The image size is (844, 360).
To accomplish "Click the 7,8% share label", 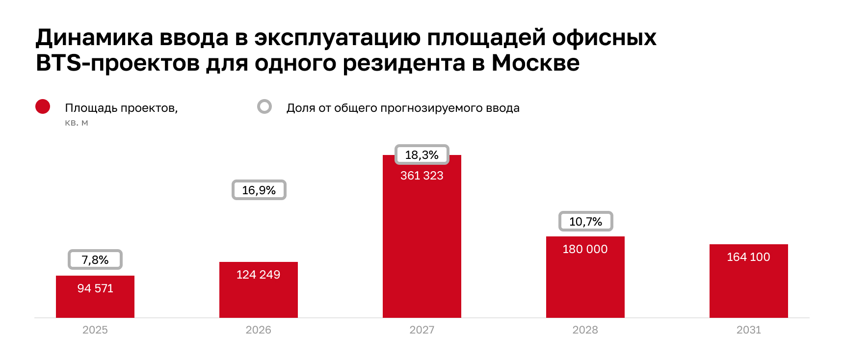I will (95, 259).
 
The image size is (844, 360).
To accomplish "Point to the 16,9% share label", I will (259, 190).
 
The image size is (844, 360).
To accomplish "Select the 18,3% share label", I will (422, 154).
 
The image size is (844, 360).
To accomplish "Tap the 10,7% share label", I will (585, 221).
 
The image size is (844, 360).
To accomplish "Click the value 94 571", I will (95, 288).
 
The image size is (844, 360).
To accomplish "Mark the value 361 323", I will (422, 176).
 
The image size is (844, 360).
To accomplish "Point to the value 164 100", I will (748, 257).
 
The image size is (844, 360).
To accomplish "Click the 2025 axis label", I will (95, 330).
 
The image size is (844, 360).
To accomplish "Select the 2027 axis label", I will (422, 330).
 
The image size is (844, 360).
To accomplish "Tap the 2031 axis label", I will (748, 330).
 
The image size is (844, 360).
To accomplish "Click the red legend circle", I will (43, 106).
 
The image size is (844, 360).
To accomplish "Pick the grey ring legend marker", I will (264, 106).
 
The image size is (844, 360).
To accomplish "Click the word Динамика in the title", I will (94, 37).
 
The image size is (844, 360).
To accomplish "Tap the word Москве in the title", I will (535, 63).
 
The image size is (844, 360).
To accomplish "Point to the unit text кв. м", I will (76, 123).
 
